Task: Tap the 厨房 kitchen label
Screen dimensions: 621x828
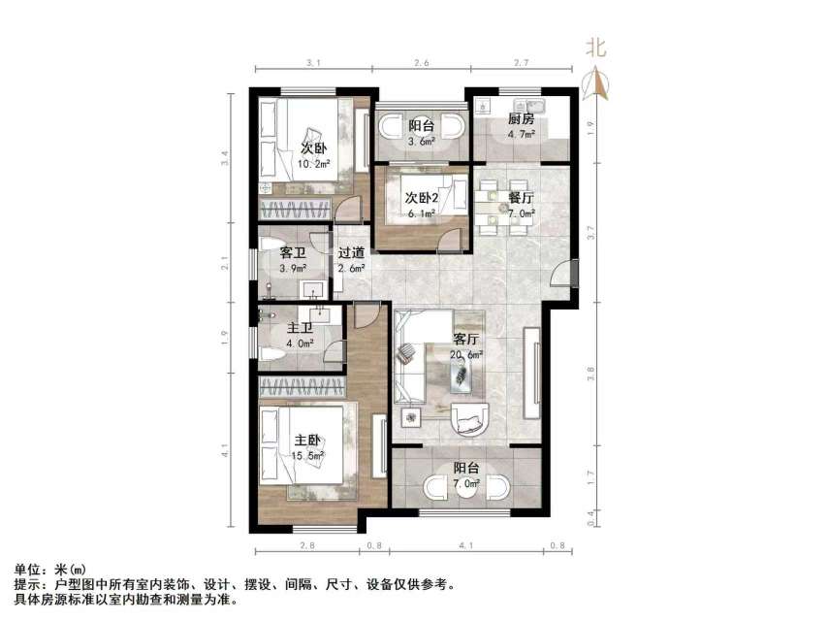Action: click(521, 119)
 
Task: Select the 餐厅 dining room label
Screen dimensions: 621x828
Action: click(521, 197)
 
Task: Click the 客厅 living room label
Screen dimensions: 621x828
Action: click(466, 340)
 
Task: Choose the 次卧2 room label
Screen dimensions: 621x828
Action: click(423, 198)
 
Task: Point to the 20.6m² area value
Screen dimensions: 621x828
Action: click(466, 355)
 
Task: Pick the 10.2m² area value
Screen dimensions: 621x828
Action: click(311, 164)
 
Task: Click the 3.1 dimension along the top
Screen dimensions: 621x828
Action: click(313, 63)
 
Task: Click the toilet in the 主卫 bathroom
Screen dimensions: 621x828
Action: click(273, 355)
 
